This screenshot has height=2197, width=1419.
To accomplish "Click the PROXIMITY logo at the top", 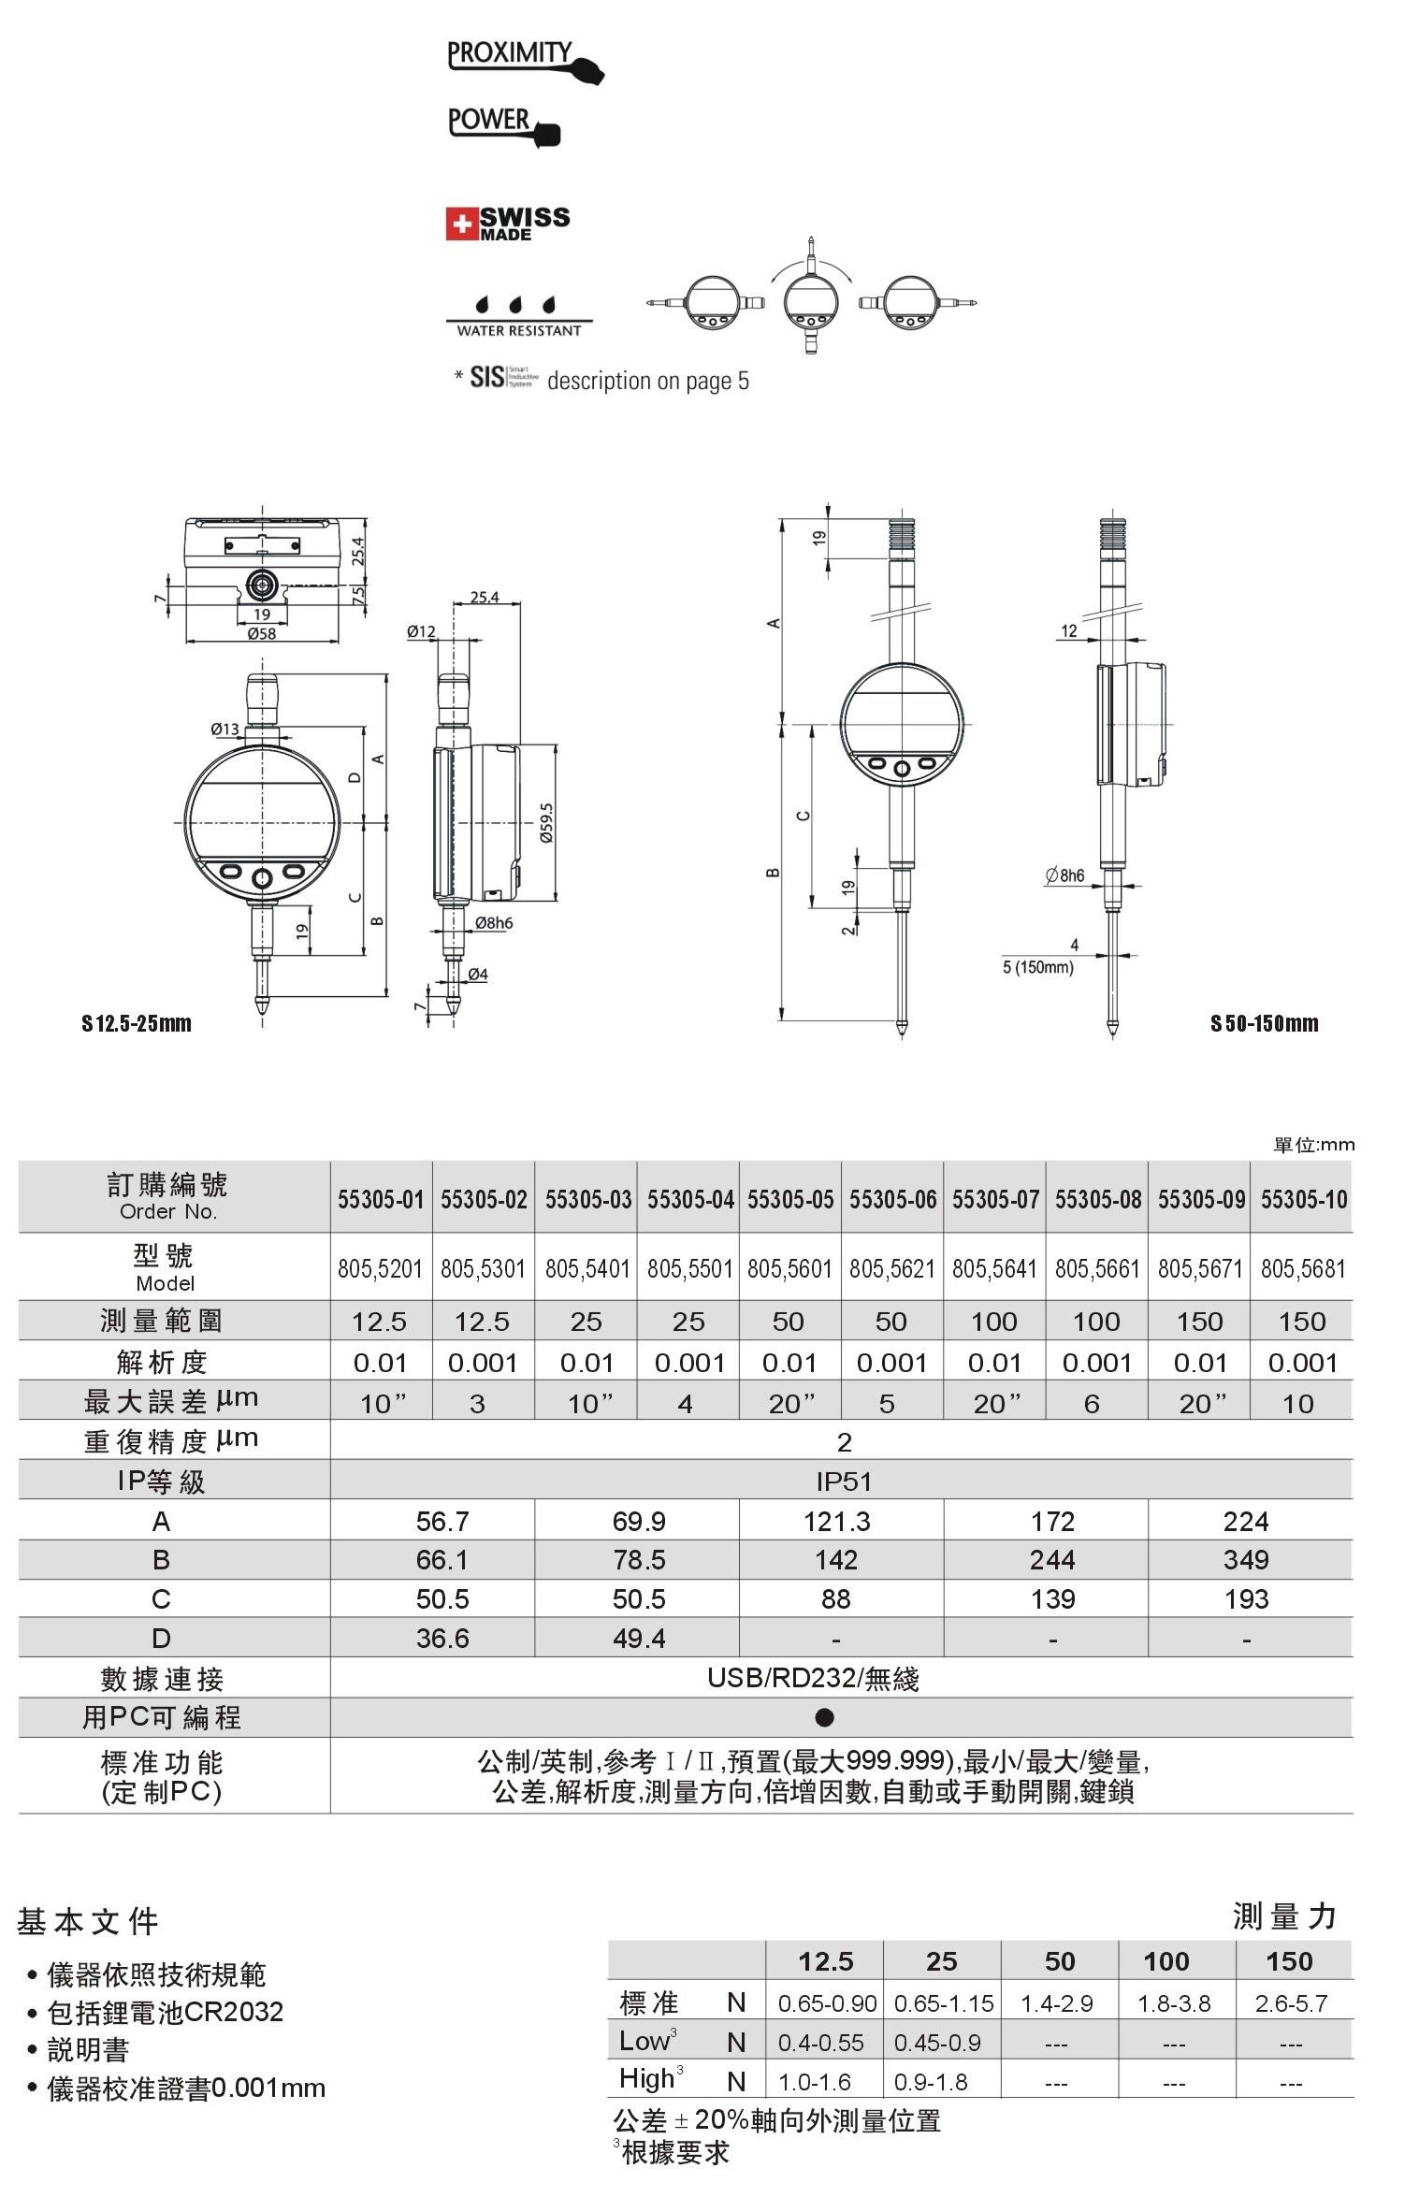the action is [x=525, y=62].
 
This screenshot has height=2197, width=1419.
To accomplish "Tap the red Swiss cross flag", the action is [x=461, y=224].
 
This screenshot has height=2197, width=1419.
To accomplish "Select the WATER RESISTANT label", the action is [x=519, y=330].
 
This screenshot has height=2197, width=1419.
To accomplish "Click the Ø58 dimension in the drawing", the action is [x=261, y=633].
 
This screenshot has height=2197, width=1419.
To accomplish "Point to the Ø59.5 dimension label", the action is [x=547, y=823].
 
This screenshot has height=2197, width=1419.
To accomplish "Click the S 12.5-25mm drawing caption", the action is [x=137, y=1023].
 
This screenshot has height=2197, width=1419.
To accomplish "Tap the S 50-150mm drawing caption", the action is [x=1264, y=1023].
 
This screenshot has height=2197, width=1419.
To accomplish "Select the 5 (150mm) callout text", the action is [x=1037, y=967].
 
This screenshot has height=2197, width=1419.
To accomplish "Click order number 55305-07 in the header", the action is [x=995, y=1199].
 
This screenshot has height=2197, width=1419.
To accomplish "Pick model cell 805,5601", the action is [x=789, y=1269].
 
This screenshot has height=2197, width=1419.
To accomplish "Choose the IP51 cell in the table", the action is [x=844, y=1482].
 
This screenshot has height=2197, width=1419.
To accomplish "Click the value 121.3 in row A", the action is [x=837, y=1522].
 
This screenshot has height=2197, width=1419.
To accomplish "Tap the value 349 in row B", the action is [x=1246, y=1560].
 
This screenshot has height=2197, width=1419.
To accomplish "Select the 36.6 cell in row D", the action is [x=442, y=1639].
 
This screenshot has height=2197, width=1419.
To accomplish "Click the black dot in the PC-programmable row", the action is [x=824, y=1717].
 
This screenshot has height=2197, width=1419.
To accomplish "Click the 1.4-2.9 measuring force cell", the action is [x=1057, y=2003].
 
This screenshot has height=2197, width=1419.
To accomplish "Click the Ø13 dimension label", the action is [x=224, y=729].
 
